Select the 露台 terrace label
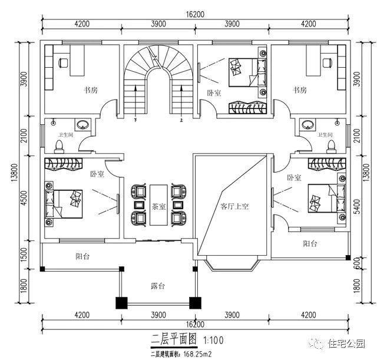pos(157,286)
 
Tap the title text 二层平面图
pos(168,340)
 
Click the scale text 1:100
pos(213,341)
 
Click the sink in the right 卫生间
pos(307,125)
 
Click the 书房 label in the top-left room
pos(90,90)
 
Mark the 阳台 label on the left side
pos(84,257)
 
